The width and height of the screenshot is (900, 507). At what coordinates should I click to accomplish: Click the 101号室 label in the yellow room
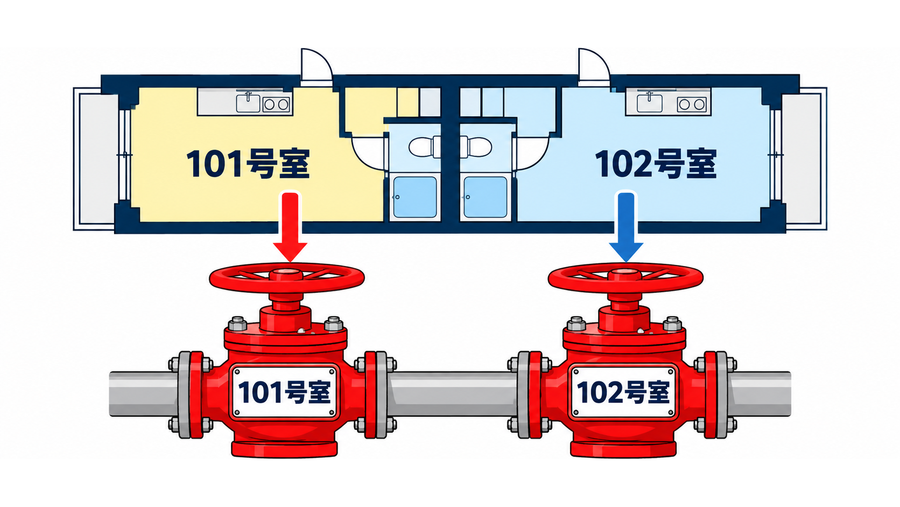pos(248,163)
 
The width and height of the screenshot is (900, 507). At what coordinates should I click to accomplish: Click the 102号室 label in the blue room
pos(656,163)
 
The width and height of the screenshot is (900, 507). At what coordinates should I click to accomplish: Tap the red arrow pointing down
pos(290,227)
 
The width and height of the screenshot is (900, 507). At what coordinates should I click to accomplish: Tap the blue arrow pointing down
pos(626,227)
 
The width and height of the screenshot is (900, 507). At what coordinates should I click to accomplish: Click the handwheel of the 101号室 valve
pos(286,277)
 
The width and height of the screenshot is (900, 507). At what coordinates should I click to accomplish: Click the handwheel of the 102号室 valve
pos(625,277)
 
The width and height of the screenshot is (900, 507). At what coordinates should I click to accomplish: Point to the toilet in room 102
pos(476,147)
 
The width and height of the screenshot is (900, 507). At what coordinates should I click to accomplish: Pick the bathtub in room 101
pos(415,197)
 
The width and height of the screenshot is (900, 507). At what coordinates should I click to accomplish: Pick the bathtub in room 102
pos(486,197)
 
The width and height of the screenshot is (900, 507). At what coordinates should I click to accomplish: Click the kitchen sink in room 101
pos(248,103)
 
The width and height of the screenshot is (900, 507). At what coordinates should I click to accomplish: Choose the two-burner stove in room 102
pos(692,104)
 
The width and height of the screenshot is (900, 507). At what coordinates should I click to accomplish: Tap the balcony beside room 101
pos(96,159)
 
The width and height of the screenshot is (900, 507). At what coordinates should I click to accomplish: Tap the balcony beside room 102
pos(804,159)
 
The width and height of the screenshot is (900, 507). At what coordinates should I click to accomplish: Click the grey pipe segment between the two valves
pos(452,394)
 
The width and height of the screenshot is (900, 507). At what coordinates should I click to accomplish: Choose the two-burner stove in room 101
pos(276,105)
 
